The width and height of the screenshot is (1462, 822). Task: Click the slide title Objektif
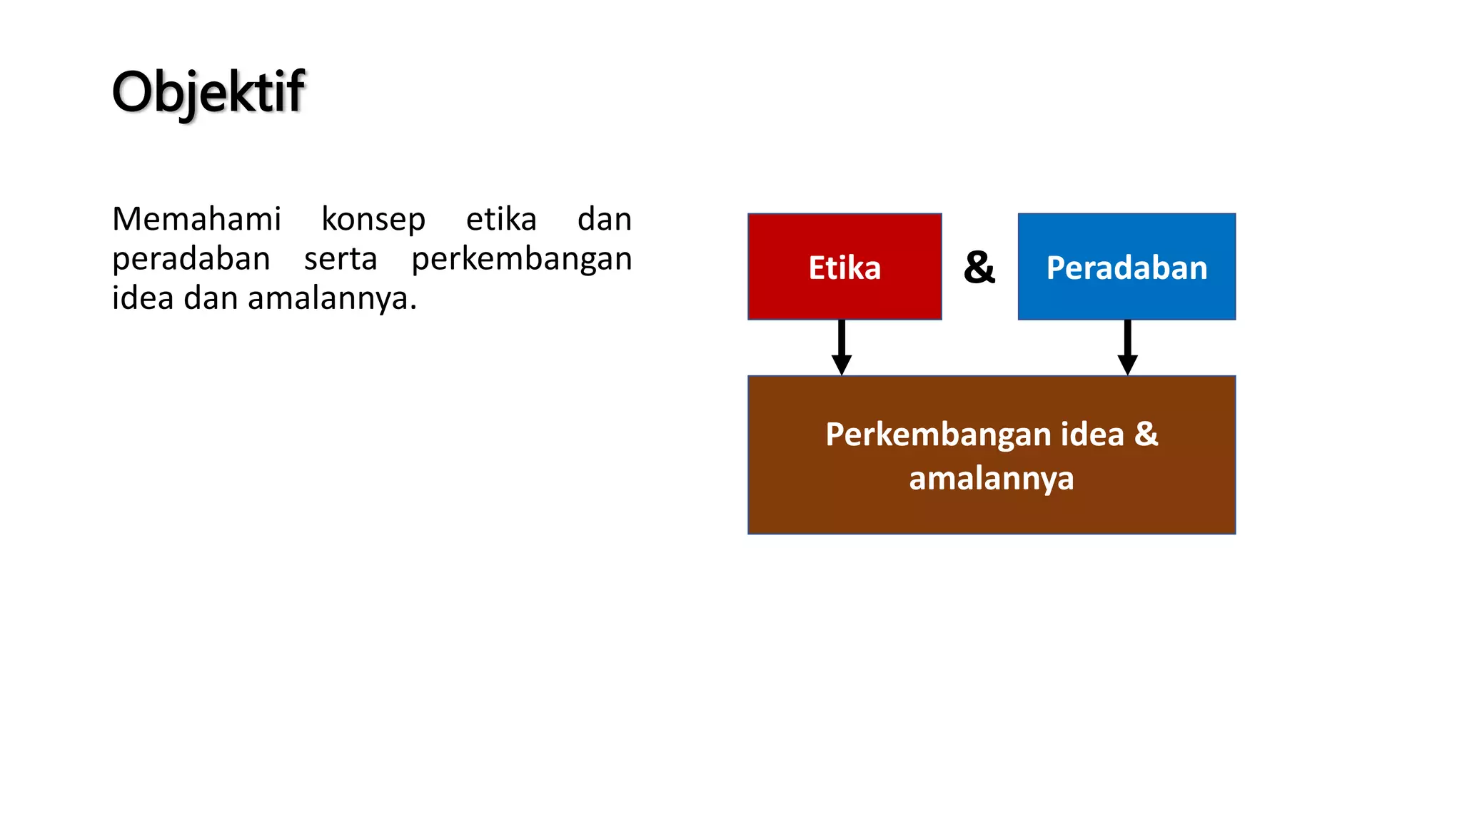point(208,92)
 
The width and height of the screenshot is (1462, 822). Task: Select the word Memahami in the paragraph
point(196,219)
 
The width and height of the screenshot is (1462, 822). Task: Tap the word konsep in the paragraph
point(373,219)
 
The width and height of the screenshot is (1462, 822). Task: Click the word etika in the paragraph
point(501,219)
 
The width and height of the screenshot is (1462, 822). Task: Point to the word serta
point(341,258)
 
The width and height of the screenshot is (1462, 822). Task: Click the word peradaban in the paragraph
point(191,259)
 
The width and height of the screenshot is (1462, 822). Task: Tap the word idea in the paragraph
point(143,298)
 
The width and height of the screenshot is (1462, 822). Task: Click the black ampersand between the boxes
point(979,268)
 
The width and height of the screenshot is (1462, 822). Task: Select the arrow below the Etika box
point(842,347)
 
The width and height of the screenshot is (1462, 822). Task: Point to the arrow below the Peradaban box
point(1127,347)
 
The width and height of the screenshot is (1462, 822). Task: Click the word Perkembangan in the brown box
point(938,435)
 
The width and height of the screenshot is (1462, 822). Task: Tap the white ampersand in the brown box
point(1146,434)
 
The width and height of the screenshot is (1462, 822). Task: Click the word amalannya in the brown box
point(991,479)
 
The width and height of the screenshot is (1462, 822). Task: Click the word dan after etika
point(604,219)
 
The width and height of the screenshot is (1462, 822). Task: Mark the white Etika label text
point(845,268)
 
